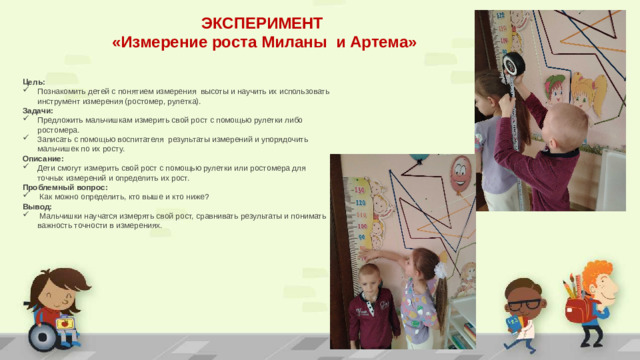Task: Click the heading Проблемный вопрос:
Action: point(65,187)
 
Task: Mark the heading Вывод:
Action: point(37,206)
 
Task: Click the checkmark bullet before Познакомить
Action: point(28,91)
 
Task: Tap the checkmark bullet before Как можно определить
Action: point(28,197)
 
